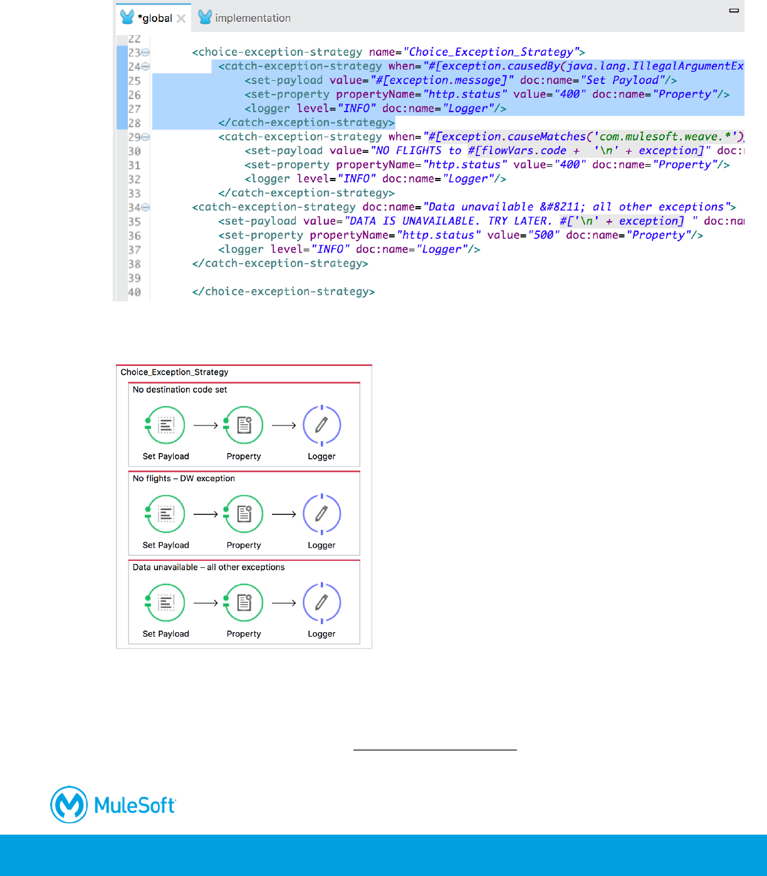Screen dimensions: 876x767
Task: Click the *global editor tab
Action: [154, 18]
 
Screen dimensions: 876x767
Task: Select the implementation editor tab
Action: [252, 18]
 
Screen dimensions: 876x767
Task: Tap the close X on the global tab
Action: [181, 18]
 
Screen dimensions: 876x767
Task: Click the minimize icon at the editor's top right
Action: [734, 11]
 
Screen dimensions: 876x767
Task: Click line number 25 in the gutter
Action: [134, 81]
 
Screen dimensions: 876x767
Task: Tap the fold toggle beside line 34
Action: [145, 207]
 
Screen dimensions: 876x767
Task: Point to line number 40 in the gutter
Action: [134, 292]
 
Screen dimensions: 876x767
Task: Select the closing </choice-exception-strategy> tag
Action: [283, 291]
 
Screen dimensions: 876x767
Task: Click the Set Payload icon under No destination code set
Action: [165, 425]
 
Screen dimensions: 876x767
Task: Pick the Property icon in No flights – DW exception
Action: [244, 514]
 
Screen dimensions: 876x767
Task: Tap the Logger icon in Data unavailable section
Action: [321, 603]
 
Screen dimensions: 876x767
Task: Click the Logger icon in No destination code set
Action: [321, 425]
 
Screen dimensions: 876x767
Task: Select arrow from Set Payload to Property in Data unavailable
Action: [206, 603]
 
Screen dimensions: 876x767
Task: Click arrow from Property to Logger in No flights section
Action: [283, 514]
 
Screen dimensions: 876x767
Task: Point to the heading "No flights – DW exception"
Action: [184, 478]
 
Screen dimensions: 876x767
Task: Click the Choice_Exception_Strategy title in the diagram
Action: [174, 372]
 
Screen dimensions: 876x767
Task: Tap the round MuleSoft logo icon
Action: [69, 805]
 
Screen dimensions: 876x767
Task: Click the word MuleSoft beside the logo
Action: [135, 805]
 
